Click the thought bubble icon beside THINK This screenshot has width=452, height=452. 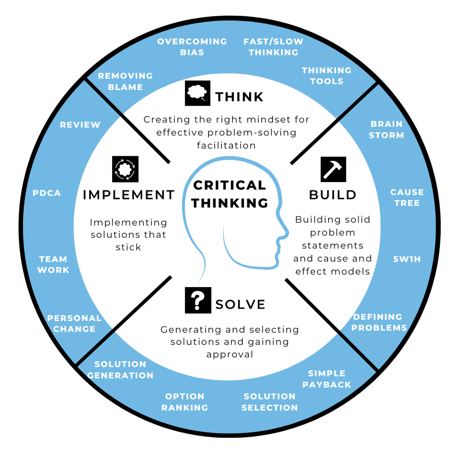coord(198,93)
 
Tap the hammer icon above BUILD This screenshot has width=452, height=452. coord(333,169)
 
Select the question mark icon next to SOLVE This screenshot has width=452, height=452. coord(198,300)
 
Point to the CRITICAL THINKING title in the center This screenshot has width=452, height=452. coord(230,194)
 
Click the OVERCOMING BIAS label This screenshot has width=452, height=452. coord(192,47)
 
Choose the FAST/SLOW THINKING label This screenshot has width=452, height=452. coord(273,47)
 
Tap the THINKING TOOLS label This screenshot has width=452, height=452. coord(326,76)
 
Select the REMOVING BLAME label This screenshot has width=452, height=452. coord(126,81)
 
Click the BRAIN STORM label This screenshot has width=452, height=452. coord(386,129)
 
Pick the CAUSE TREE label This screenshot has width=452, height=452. coord(407,198)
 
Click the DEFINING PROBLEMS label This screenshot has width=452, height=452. coord(379,322)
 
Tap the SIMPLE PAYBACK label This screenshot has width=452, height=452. coord(327,379)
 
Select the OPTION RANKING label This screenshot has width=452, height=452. coord(185,402)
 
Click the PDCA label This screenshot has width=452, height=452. coord(47,193)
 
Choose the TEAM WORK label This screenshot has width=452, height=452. coord(53,264)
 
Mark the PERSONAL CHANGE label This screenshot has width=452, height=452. coord(75,324)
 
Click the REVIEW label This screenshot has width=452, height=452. coord(80,125)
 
